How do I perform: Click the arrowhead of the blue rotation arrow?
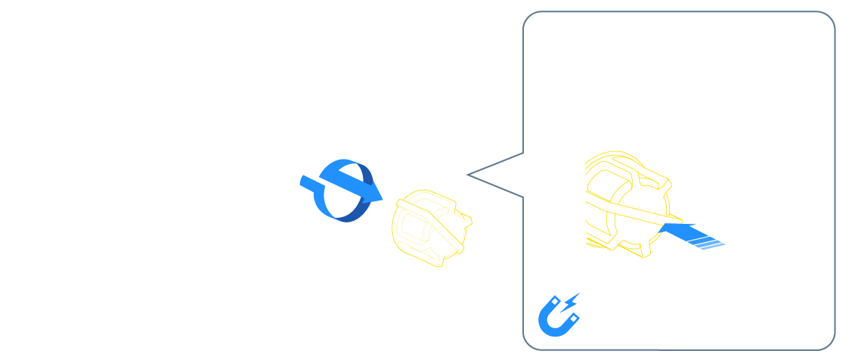pyautogui.click(x=373, y=196)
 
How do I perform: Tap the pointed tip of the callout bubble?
pyautogui.click(x=469, y=175)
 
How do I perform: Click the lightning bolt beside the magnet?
pyautogui.click(x=572, y=300)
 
